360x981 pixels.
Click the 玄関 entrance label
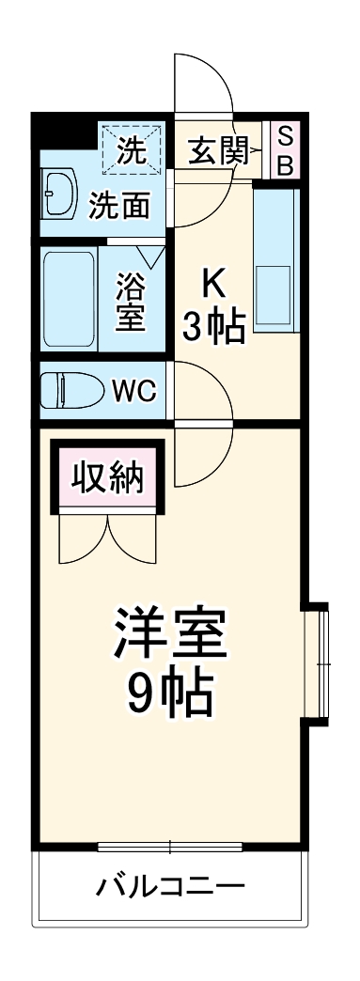pyautogui.click(x=217, y=151)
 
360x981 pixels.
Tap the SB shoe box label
pyautogui.click(x=286, y=151)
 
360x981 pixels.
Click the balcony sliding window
pyautogui.click(x=170, y=847)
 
